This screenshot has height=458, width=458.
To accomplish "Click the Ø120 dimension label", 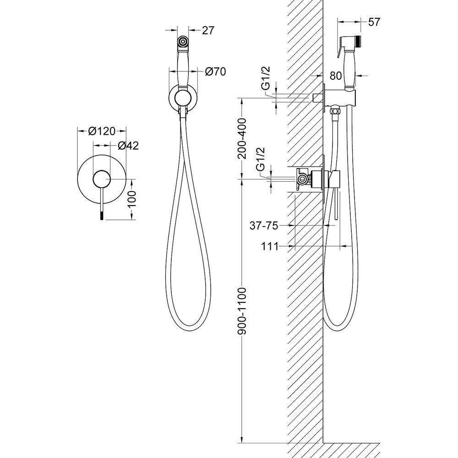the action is tap(102, 131).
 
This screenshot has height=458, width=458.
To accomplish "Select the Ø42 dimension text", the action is tap(128, 146).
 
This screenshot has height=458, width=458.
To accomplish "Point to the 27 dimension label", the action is tap(207, 30).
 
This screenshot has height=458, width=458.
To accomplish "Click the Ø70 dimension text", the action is tap(215, 71).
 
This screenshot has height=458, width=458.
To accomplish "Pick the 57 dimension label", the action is tap(374, 22).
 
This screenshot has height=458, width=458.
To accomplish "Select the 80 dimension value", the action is tap(336, 76).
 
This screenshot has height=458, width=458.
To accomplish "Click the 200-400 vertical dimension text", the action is tap(242, 138).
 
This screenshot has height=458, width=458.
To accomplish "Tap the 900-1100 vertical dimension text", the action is tap(242, 311).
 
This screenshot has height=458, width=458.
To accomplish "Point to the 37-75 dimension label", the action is tap(263, 225).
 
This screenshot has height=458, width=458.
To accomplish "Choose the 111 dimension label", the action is tap(270, 246).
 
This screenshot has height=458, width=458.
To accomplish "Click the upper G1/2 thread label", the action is tap(266, 78).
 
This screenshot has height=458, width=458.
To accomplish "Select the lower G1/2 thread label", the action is tap(260, 159).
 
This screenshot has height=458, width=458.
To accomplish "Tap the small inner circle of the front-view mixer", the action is tap(102, 179).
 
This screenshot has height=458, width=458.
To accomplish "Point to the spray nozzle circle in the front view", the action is tap(183, 41).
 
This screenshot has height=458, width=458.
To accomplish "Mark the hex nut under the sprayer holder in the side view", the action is tap(334, 111).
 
